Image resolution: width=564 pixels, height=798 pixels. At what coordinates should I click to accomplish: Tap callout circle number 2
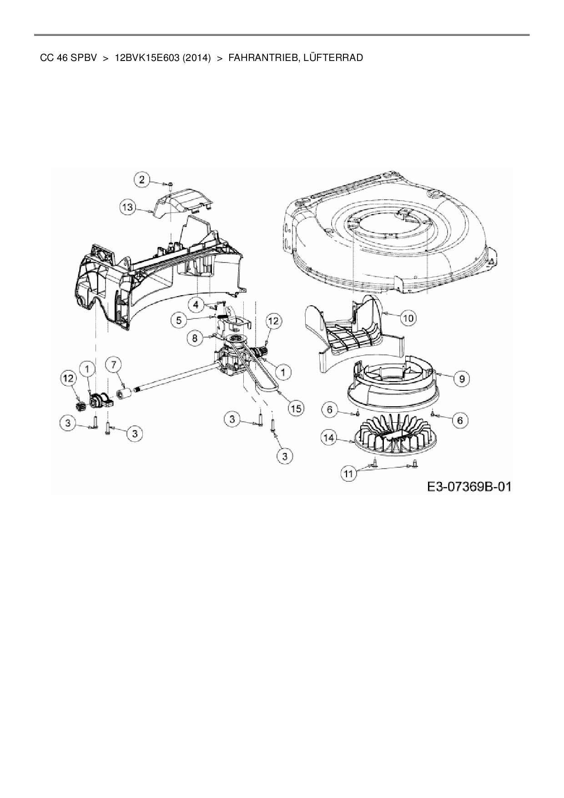pos(142,180)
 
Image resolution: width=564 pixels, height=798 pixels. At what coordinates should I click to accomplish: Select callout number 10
pos(408,318)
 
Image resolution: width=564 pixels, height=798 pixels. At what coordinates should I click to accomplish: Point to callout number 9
pos(462,378)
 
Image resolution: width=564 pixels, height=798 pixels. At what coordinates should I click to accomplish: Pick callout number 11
pos(348,474)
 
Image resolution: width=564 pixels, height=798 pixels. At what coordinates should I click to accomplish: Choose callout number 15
pos(296,409)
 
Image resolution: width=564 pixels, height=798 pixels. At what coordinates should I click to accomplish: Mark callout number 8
pos(195,338)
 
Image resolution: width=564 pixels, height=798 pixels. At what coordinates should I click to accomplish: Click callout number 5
pos(179,320)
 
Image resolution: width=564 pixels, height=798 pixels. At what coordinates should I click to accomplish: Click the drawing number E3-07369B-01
pos(469,487)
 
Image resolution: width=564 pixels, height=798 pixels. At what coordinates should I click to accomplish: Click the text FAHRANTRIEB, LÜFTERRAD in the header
pos(296,58)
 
